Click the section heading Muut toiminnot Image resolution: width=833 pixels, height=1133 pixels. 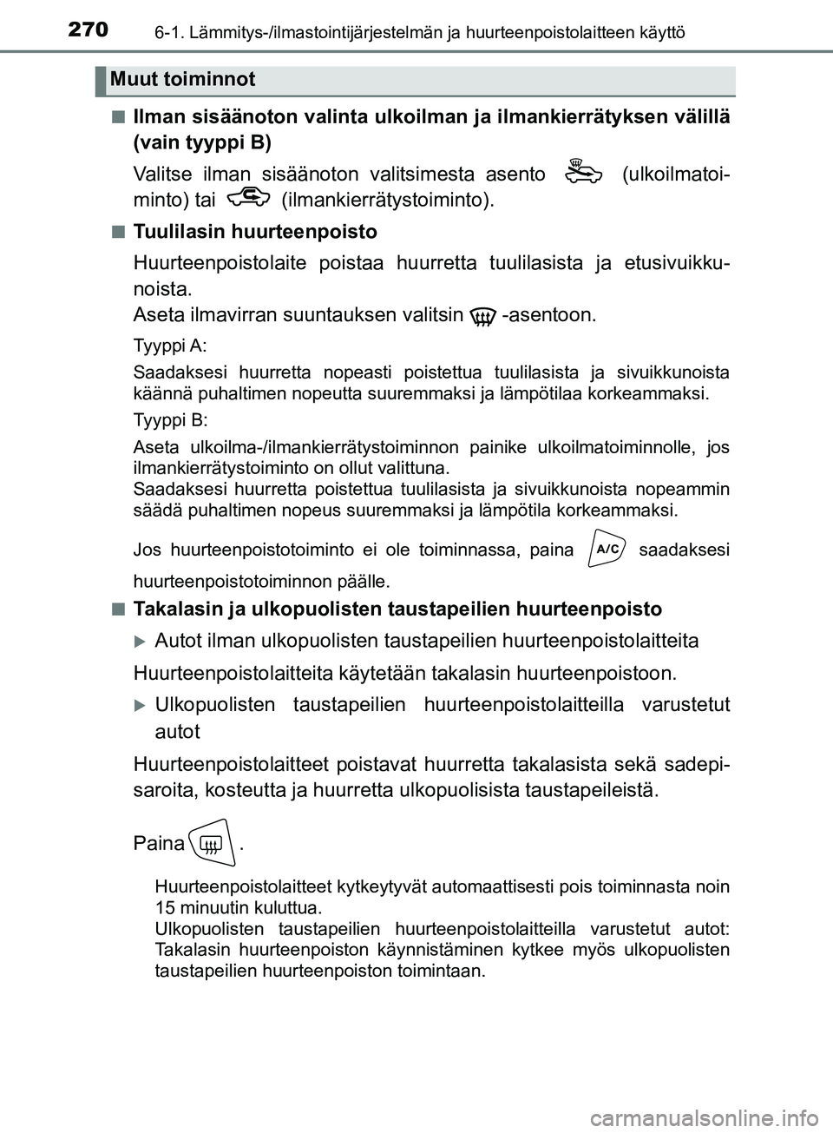183,80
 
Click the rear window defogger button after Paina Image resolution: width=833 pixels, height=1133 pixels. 212,843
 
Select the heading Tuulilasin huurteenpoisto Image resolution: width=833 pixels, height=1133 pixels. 255,232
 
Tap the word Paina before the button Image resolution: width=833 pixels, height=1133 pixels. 158,844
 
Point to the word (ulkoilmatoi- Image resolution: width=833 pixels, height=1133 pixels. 675,174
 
